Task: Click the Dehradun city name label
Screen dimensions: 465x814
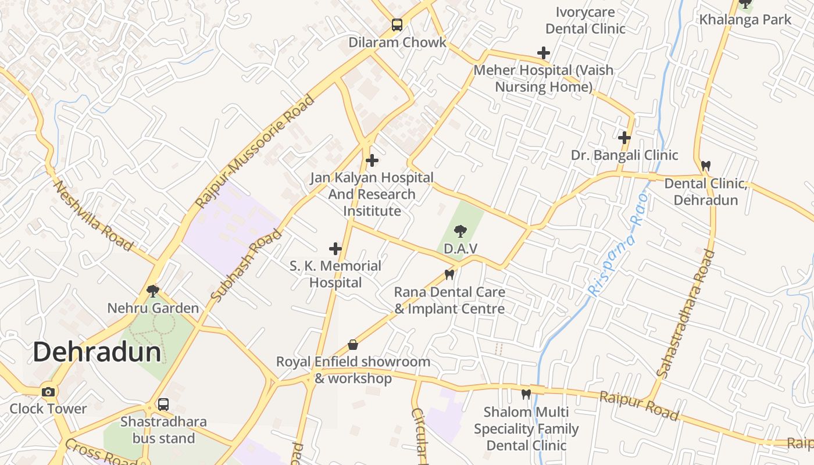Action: tap(97, 352)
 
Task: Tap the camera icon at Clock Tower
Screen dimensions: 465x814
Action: tap(48, 392)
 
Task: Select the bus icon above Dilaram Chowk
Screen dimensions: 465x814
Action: tap(397, 24)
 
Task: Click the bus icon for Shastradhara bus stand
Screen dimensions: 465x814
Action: tap(163, 404)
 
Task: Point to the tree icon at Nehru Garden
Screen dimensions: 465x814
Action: tap(153, 291)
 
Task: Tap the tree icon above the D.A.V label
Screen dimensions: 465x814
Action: tap(460, 231)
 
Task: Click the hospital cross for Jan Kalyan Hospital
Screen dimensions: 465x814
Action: tap(372, 160)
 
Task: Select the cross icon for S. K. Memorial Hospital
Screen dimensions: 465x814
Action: tap(335, 249)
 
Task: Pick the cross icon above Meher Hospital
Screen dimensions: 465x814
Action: tap(544, 53)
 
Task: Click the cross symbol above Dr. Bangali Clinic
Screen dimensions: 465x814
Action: tap(624, 138)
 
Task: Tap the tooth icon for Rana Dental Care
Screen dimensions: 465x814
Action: tap(449, 274)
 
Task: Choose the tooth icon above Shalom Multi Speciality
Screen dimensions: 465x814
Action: tap(526, 394)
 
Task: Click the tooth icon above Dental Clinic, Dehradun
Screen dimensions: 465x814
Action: tap(706, 166)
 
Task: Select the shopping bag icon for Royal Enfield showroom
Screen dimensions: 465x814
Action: tap(353, 345)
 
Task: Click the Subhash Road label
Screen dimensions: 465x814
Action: tap(246, 266)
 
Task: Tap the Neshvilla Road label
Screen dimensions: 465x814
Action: tap(93, 215)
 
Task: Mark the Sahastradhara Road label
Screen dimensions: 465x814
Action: tap(686, 314)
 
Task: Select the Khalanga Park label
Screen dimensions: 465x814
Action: tap(745, 19)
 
